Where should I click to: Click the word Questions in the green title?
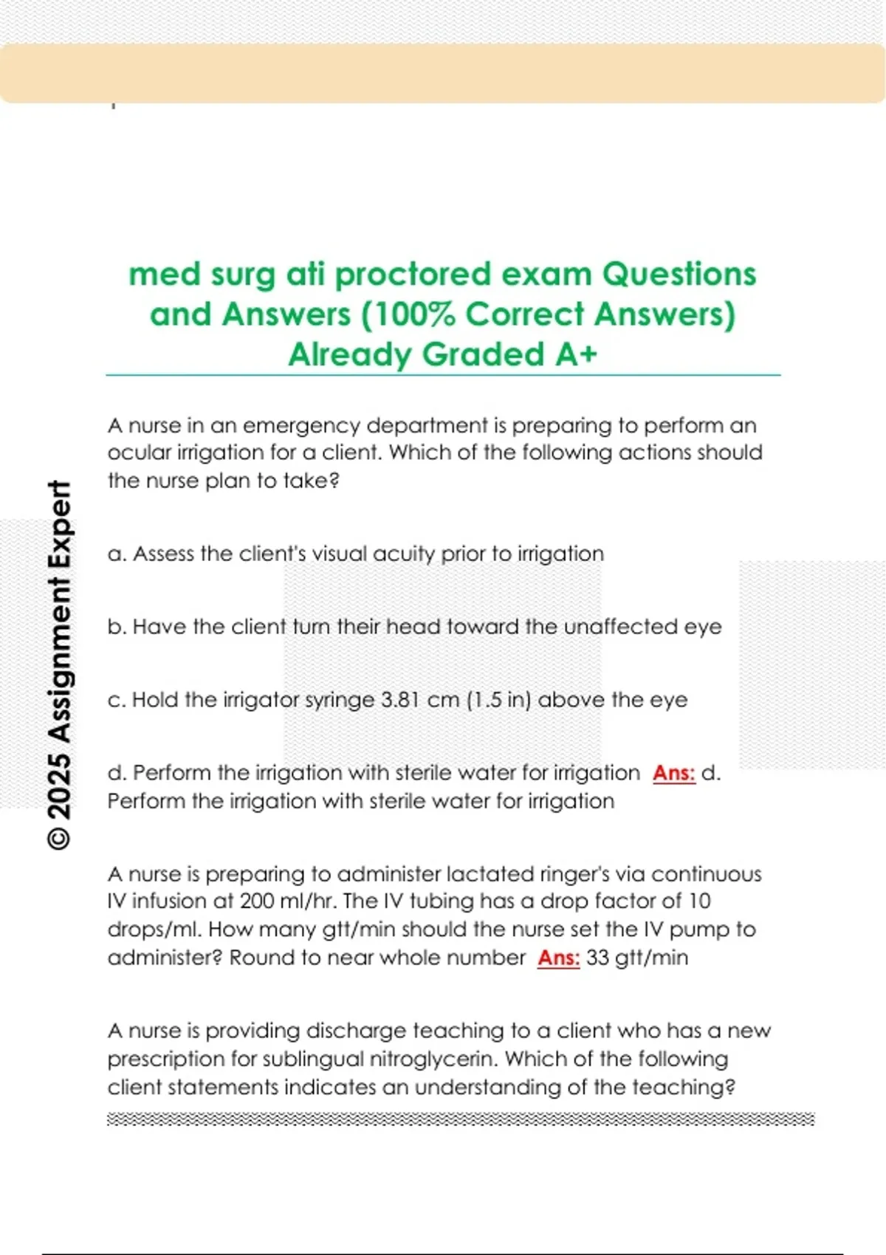pyautogui.click(x=679, y=275)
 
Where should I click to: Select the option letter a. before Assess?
pyautogui.click(x=116, y=554)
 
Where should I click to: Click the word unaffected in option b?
pyautogui.click(x=620, y=627)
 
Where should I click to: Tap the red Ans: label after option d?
pyautogui.click(x=674, y=773)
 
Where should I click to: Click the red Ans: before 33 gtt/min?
pyautogui.click(x=559, y=957)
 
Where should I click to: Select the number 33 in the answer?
pyautogui.click(x=597, y=957)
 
